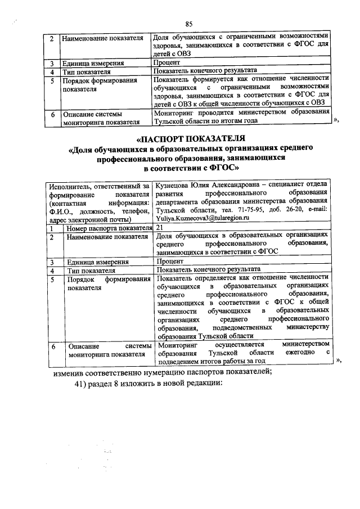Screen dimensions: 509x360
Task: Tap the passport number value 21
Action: tap(160, 227)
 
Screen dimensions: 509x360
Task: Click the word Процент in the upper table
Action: tap(166, 63)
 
